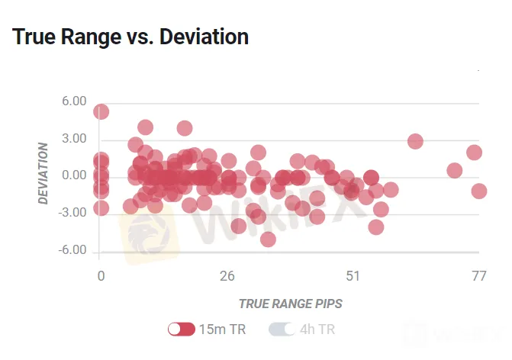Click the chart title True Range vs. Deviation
(x=130, y=37)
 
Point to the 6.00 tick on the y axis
(x=74, y=101)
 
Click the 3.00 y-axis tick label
(x=74, y=139)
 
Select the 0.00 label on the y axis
(x=74, y=176)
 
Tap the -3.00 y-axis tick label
(x=72, y=214)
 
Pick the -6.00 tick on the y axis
(x=72, y=251)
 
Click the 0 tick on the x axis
(x=101, y=275)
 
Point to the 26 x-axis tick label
(x=227, y=275)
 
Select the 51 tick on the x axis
(x=353, y=275)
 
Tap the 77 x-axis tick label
(x=478, y=275)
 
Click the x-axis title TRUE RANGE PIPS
(x=290, y=303)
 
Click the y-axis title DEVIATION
(x=43, y=173)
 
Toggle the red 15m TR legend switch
(x=182, y=329)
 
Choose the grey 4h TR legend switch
(x=282, y=329)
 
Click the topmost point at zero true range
(x=101, y=112)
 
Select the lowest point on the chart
(x=268, y=239)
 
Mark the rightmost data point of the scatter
(x=478, y=191)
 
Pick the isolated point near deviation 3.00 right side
(x=415, y=141)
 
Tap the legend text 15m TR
(x=222, y=329)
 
